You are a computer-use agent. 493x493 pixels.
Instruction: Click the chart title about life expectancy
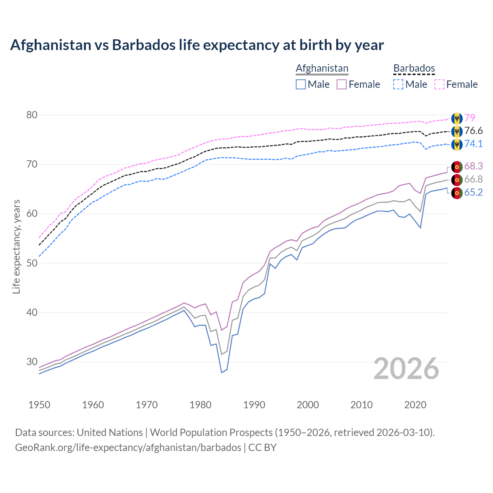tap(197, 45)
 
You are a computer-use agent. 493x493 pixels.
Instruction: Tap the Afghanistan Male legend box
tap(301, 84)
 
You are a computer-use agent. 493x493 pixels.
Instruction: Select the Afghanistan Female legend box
tap(342, 84)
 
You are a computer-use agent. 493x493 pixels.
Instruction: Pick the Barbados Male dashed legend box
tap(398, 84)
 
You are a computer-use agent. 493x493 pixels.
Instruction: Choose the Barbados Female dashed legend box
tap(439, 84)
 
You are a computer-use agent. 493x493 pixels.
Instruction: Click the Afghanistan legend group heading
tap(322, 68)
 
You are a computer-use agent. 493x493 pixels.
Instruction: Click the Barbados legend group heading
tap(414, 68)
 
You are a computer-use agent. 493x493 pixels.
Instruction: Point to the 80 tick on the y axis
tap(32, 115)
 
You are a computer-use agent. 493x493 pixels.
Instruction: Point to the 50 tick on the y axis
tap(32, 263)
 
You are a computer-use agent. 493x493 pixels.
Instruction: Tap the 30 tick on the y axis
tap(32, 362)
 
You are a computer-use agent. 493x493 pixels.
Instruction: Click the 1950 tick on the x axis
tap(39, 405)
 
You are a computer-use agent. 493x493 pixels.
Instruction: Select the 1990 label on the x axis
tap(254, 405)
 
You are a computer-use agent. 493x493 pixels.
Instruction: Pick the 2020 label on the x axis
tap(415, 405)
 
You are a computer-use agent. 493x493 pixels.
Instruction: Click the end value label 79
tap(470, 118)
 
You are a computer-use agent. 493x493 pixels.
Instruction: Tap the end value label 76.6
tap(473, 131)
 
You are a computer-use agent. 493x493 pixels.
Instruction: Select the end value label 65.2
tap(473, 193)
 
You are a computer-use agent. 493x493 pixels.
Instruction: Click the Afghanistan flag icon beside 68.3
tap(457, 167)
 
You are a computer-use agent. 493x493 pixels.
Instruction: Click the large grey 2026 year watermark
tap(406, 369)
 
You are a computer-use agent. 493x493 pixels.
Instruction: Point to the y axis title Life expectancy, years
tap(17, 246)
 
